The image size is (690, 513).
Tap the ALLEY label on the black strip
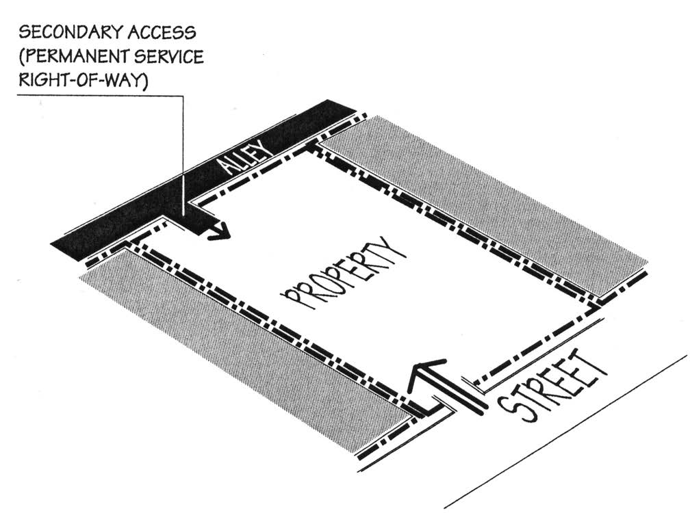[235, 158]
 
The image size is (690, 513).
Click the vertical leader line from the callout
[183, 150]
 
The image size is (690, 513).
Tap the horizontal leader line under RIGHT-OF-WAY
[103, 96]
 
